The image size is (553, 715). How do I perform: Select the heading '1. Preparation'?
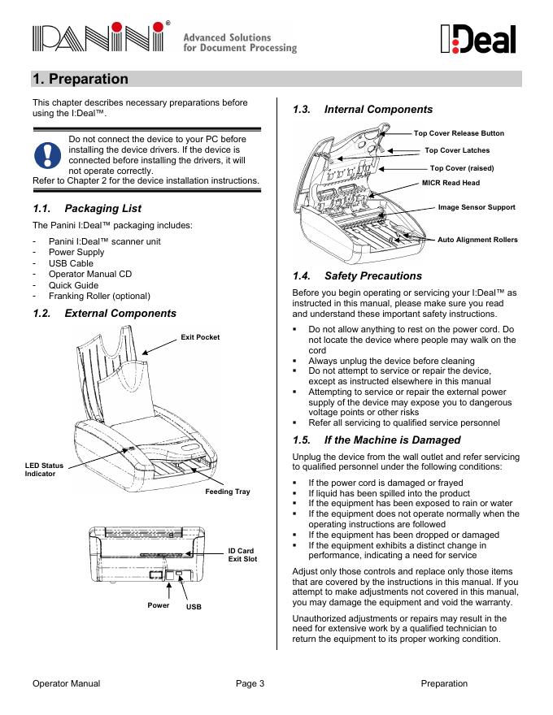[x=81, y=79]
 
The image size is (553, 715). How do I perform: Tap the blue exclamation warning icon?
[x=48, y=154]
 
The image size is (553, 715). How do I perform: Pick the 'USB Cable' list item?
[x=71, y=263]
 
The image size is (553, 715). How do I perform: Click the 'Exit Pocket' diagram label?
[x=200, y=337]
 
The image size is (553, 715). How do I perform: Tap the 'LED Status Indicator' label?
[x=44, y=469]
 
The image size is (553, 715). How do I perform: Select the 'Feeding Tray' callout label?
[x=227, y=492]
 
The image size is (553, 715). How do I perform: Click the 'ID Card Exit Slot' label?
[x=242, y=555]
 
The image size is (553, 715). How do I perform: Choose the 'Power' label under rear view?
[x=159, y=605]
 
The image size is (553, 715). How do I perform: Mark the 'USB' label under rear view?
[x=193, y=608]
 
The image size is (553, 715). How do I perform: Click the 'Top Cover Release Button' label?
[x=459, y=133]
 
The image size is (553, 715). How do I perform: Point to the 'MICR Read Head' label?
[x=451, y=183]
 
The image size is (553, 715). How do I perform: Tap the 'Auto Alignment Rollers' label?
[x=477, y=240]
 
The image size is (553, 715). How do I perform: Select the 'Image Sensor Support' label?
[x=477, y=207]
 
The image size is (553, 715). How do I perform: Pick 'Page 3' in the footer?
[x=250, y=683]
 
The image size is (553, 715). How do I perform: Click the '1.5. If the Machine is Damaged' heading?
[x=376, y=440]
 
